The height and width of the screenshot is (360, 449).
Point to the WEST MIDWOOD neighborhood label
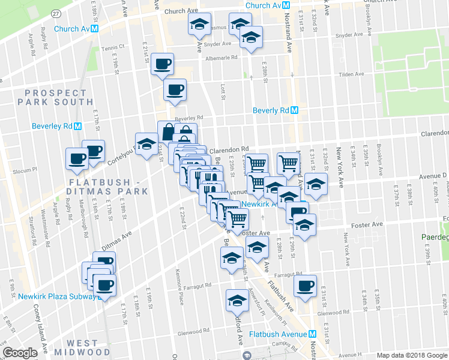click(83, 347)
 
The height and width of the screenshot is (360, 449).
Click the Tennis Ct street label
click(112, 47)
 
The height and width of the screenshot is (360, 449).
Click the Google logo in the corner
click(20, 353)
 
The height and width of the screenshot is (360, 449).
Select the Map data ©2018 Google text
click(412, 355)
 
